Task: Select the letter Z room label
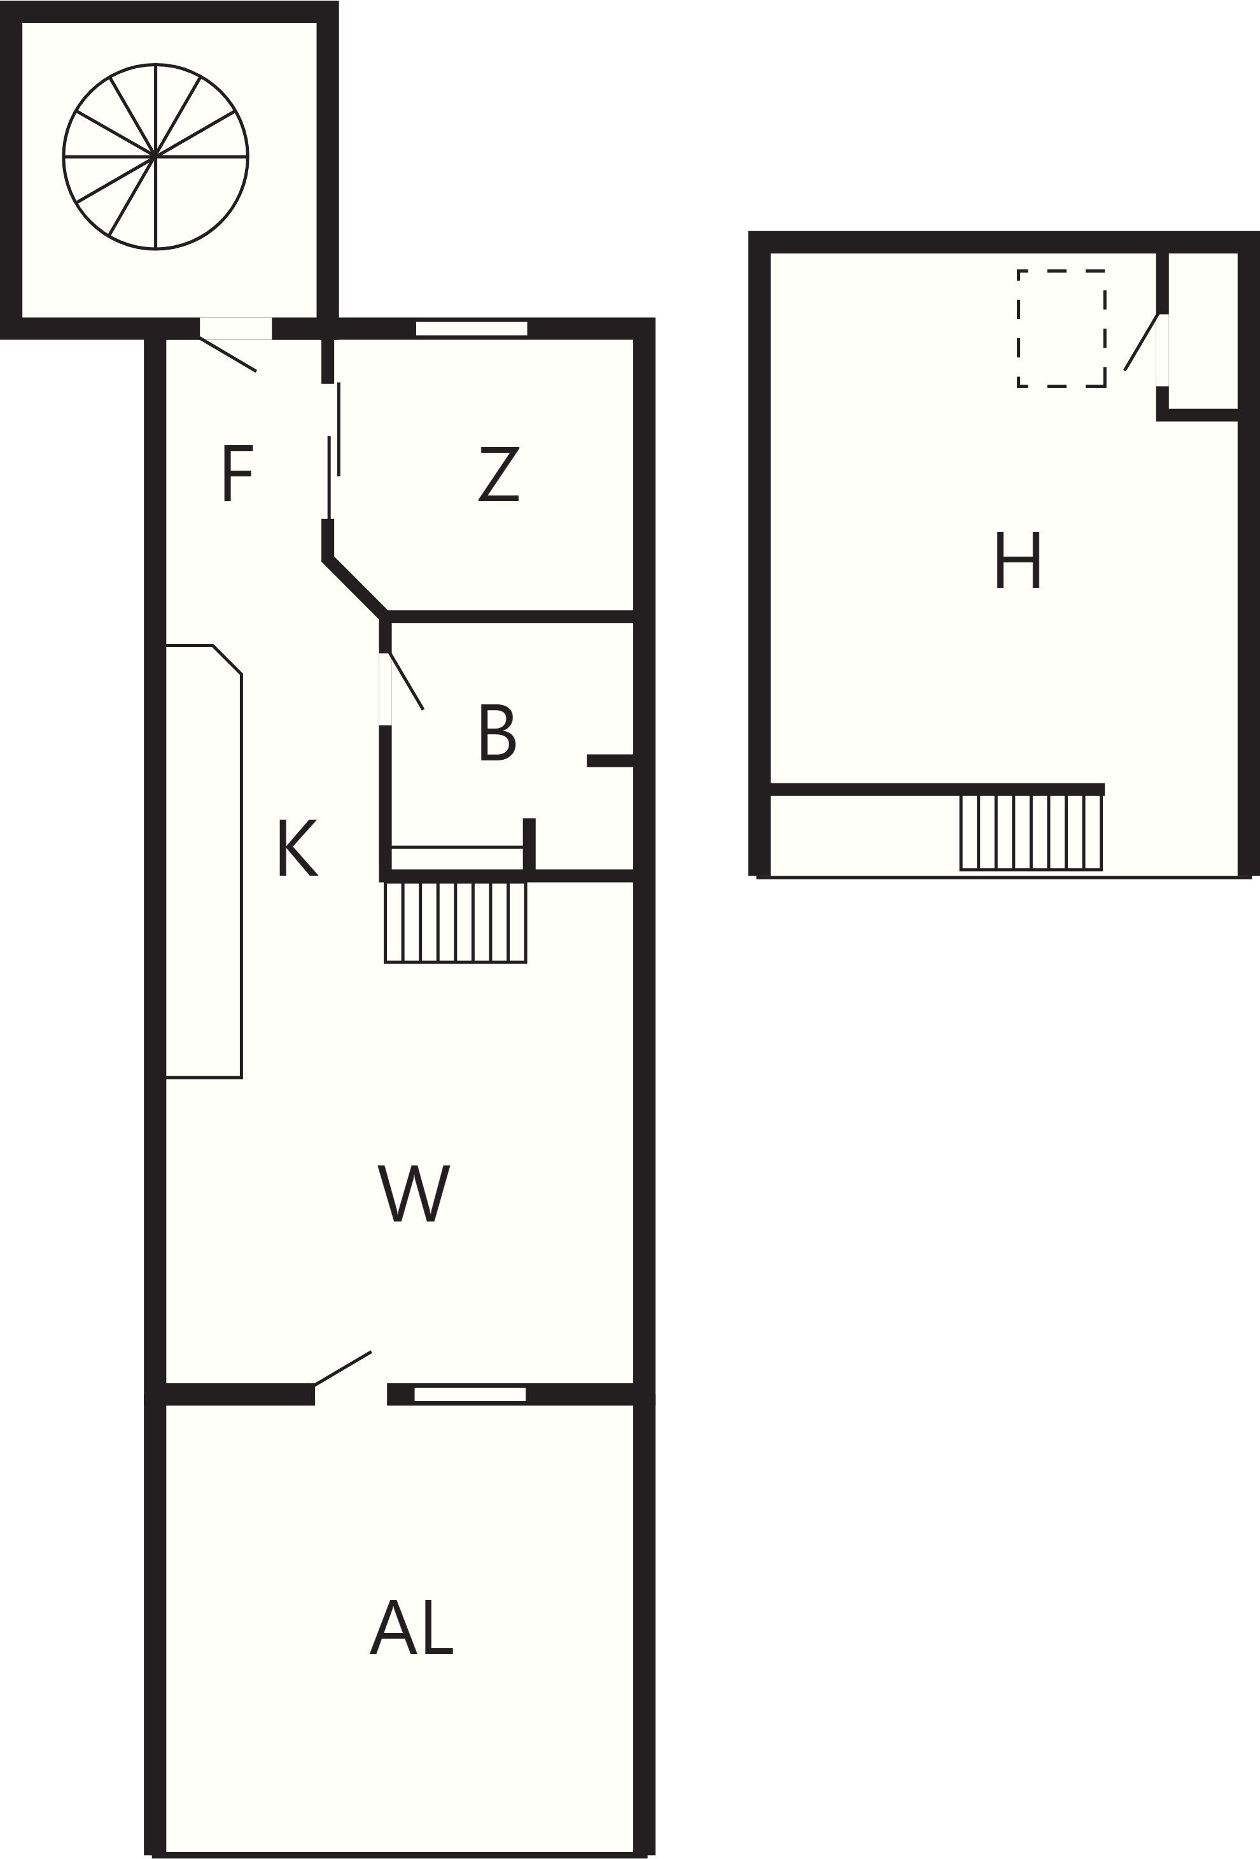[x=499, y=474]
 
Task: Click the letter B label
[x=497, y=733]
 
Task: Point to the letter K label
[x=297, y=847]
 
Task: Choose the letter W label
[x=414, y=1193]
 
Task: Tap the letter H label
[x=1018, y=560]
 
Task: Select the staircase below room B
[x=456, y=922]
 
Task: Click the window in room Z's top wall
[x=472, y=329]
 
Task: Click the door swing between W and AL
[x=343, y=1368]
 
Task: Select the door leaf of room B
[x=406, y=681]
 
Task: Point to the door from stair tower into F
[x=228, y=354]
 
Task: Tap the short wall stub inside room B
[x=611, y=760]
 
